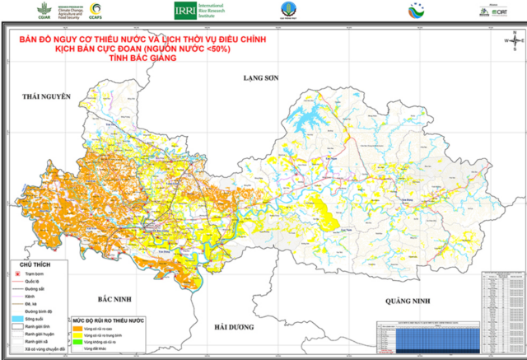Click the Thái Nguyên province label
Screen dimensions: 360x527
tap(48, 96)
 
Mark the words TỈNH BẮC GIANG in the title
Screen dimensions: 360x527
tap(137, 57)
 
